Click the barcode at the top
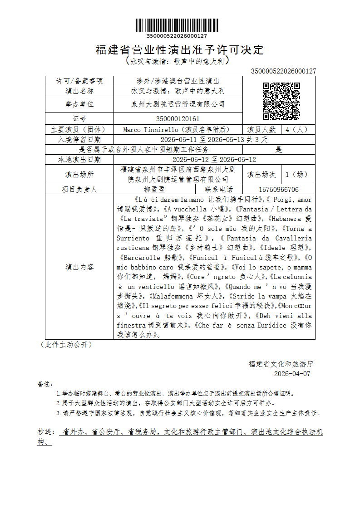(x=177, y=25)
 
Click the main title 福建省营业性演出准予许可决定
(x=180, y=50)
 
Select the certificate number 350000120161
(x=178, y=119)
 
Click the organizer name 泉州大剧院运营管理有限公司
(x=178, y=104)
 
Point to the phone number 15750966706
(x=279, y=190)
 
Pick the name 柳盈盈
(x=154, y=190)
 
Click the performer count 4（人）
(x=296, y=129)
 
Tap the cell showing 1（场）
(x=296, y=174)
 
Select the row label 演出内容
(x=79, y=267)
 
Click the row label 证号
(x=79, y=119)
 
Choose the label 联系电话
(x=219, y=190)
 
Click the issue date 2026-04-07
(x=292, y=374)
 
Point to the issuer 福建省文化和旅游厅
(x=281, y=364)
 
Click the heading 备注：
(x=45, y=384)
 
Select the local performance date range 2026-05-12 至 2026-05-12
(x=214, y=160)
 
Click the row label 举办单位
(x=79, y=104)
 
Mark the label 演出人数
(x=261, y=129)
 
